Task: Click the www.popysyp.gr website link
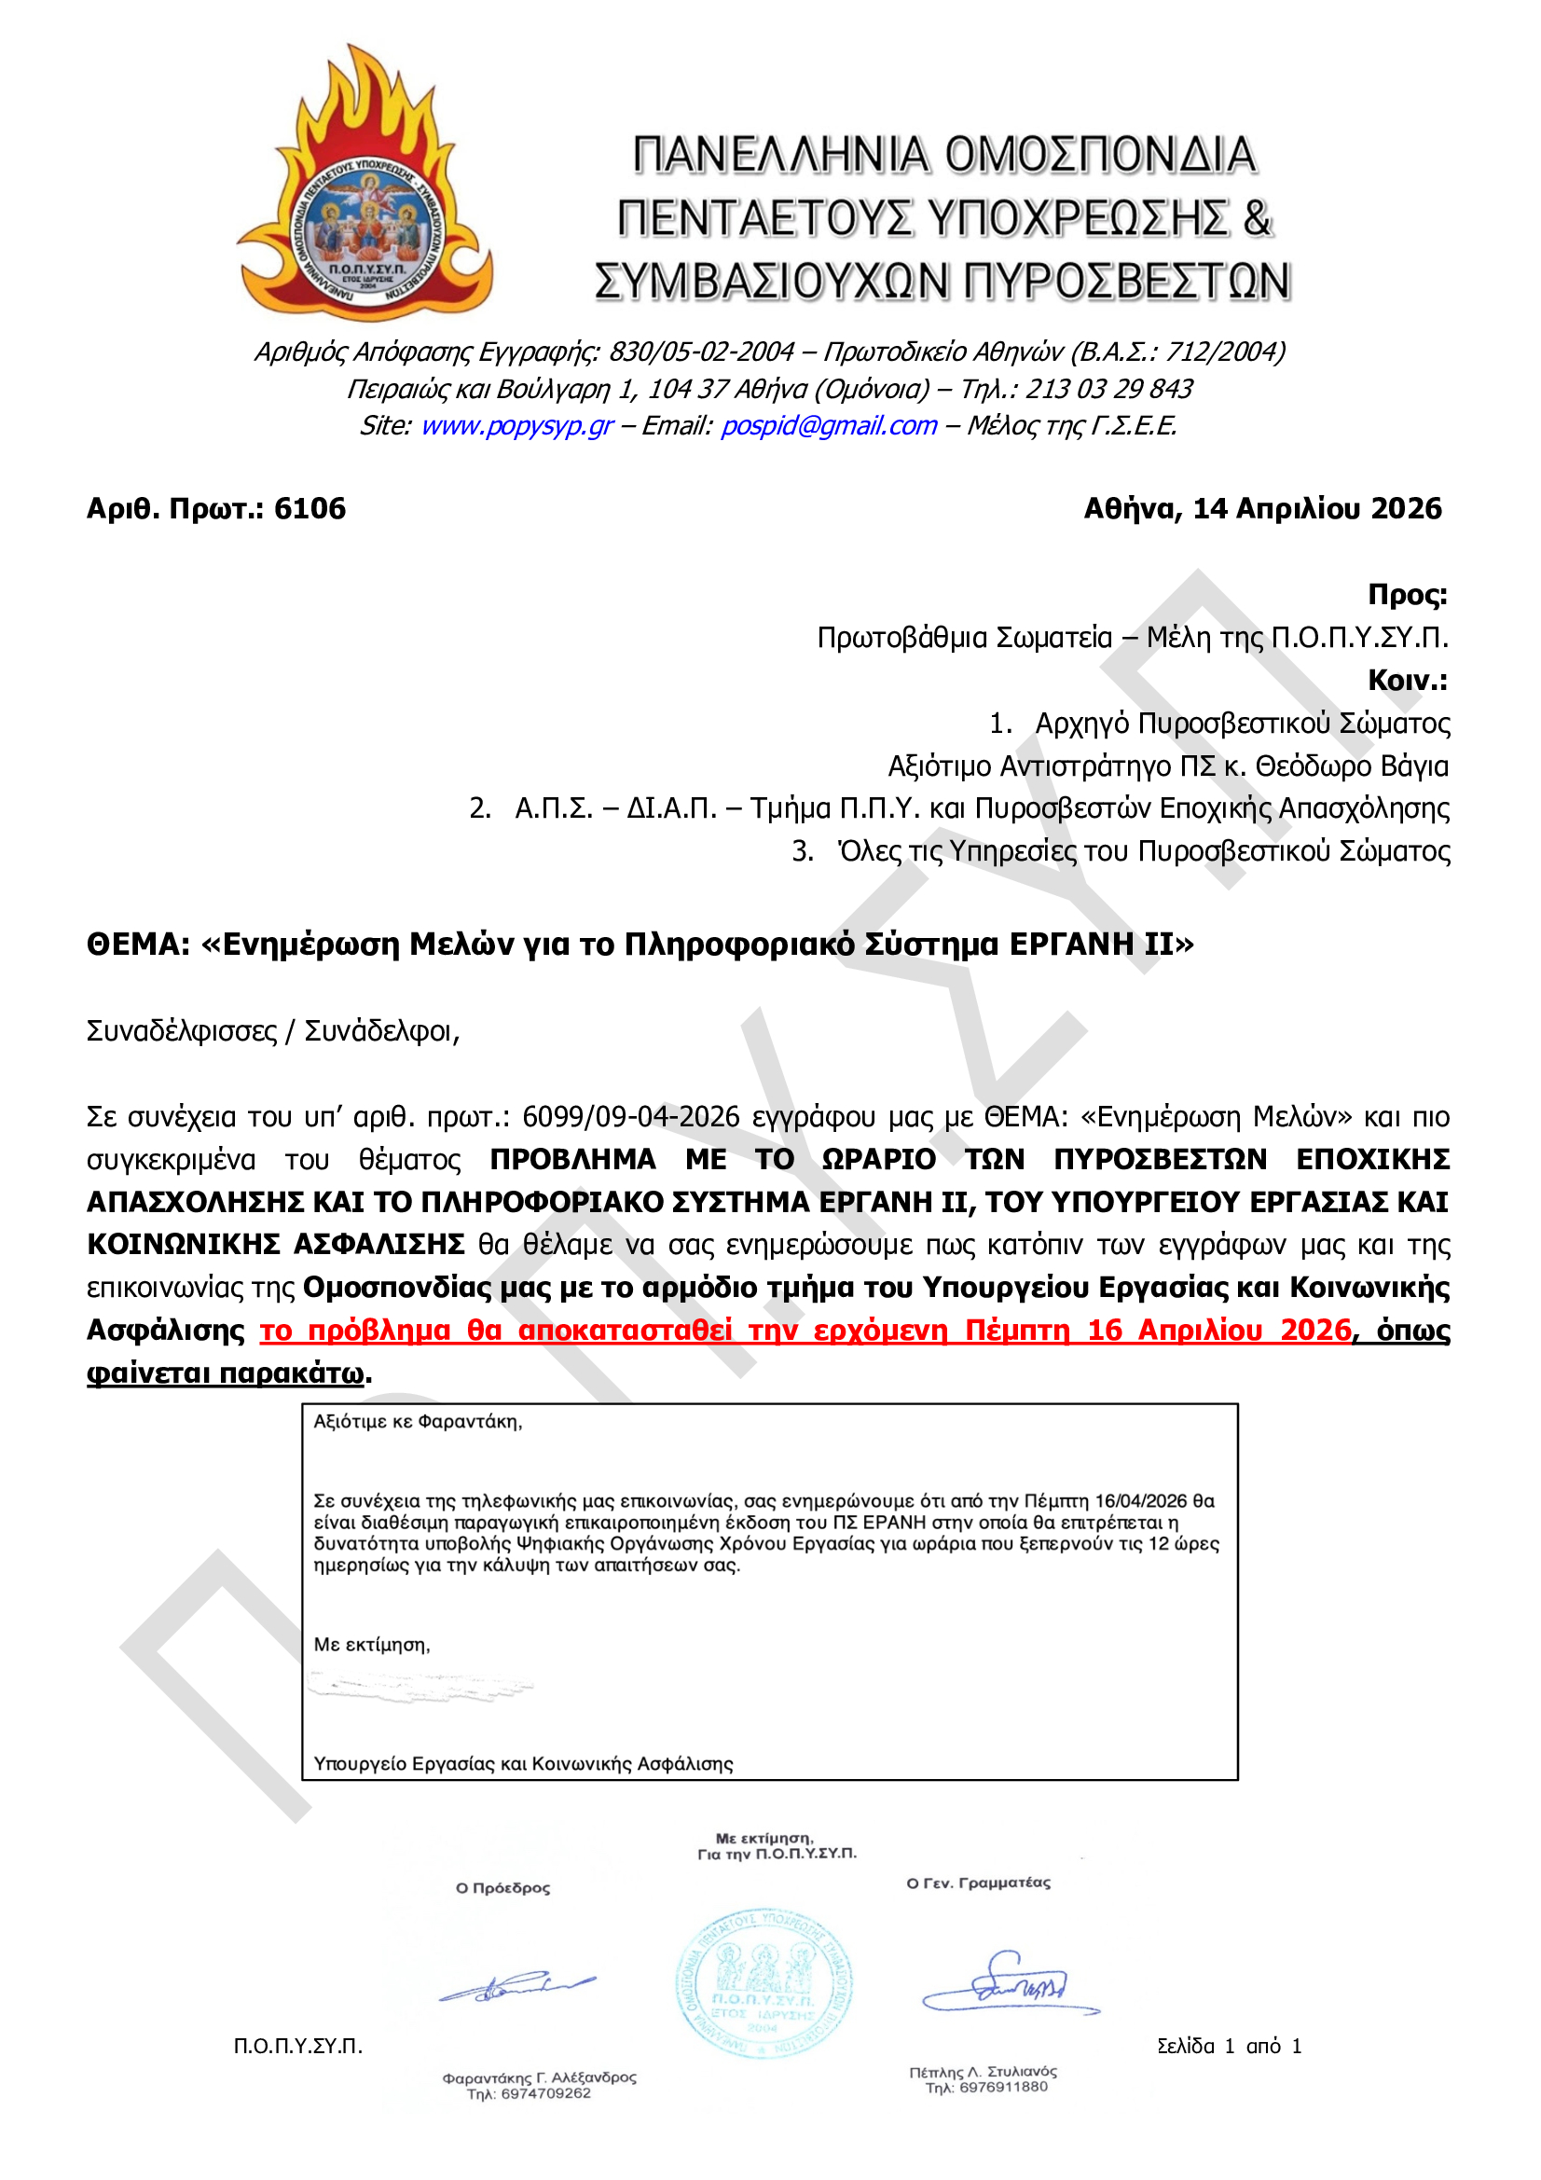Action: pos(516,425)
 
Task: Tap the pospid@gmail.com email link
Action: pos(829,425)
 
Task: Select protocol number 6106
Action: pos(310,509)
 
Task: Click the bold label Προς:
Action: pos(1406,594)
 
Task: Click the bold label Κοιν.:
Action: pos(1406,680)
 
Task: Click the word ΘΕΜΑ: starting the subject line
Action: pos(138,945)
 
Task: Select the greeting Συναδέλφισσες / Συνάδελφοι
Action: pos(272,1031)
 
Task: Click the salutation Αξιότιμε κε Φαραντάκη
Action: pos(418,1421)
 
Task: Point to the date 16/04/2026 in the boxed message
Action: pos(1140,1501)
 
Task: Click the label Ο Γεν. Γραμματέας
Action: pos(978,1883)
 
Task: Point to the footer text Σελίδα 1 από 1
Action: pos(1229,2046)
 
